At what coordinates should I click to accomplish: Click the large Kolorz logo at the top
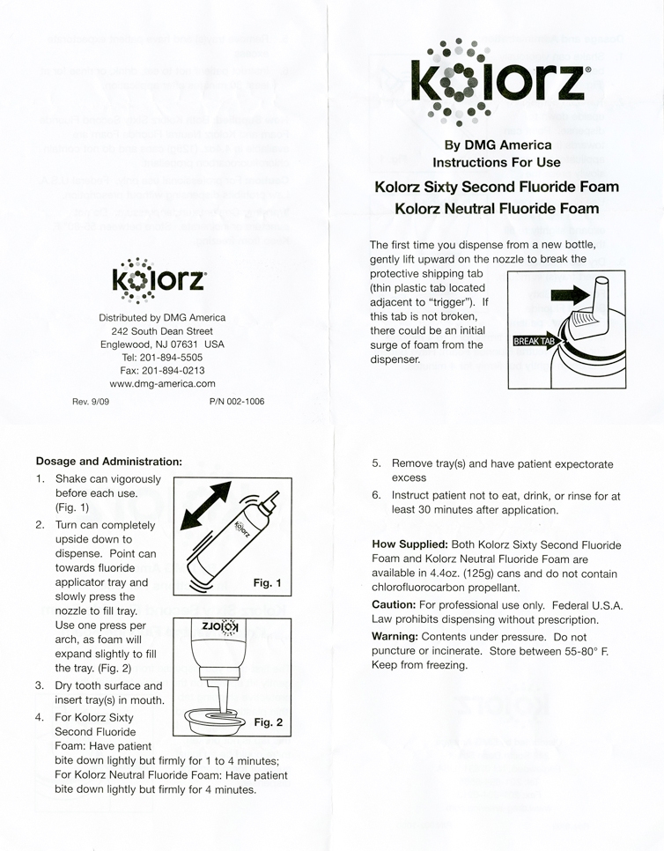[497, 78]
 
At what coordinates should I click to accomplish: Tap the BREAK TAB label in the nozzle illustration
[535, 340]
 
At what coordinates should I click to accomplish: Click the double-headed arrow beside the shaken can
[208, 506]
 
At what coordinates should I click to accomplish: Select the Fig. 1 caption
[266, 583]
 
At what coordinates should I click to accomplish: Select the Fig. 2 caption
[268, 721]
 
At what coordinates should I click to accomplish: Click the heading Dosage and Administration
[108, 461]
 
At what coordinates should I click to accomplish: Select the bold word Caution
[394, 604]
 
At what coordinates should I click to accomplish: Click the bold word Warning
[395, 635]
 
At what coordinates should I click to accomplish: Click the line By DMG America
[498, 145]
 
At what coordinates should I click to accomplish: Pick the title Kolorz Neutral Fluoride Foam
[497, 209]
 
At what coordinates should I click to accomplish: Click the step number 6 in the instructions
[376, 495]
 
